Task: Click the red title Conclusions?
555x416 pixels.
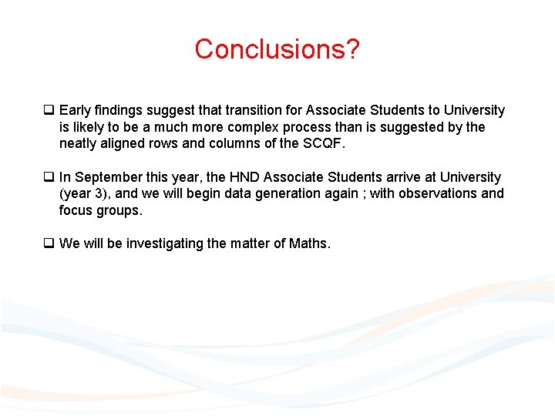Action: point(277,49)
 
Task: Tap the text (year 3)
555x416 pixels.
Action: point(82,194)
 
